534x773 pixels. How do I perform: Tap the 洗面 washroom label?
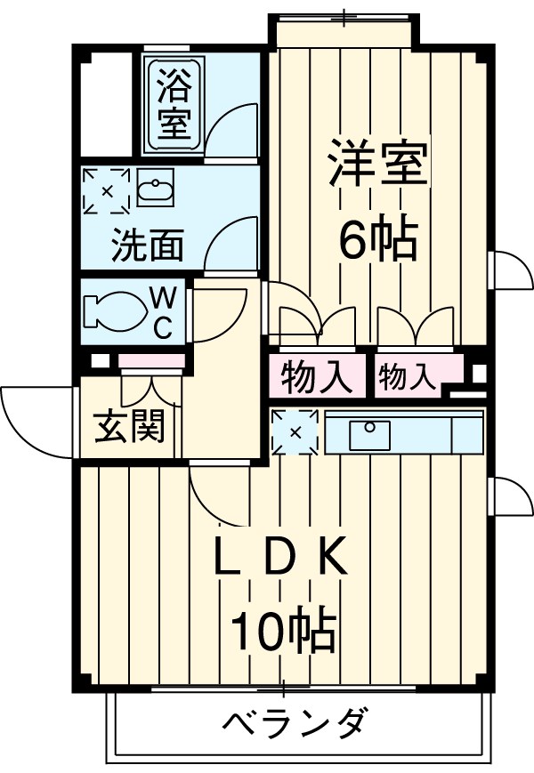click(x=147, y=246)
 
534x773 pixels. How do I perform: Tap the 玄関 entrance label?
click(x=129, y=427)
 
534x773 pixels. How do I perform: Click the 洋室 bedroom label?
click(x=377, y=165)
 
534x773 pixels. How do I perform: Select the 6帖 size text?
click(x=377, y=239)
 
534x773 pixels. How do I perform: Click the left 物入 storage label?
click(x=317, y=377)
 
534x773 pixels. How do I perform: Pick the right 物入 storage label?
click(x=409, y=377)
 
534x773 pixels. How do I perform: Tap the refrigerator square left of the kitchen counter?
click(x=295, y=433)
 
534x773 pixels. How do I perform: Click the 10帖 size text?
click(x=283, y=632)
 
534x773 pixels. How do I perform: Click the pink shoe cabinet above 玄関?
click(x=151, y=361)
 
